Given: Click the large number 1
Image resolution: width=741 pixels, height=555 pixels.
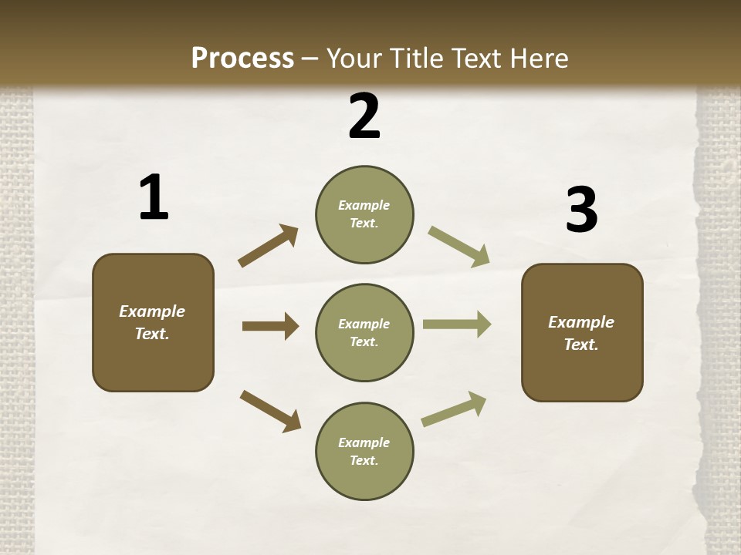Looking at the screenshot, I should pos(154,197).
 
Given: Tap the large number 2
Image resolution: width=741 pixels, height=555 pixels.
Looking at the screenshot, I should pos(364,116).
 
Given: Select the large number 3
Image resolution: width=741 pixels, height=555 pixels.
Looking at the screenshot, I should pos(581,210).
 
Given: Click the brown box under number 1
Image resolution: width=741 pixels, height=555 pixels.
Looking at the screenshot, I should pos(153,322).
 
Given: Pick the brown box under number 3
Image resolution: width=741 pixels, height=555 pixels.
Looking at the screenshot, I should pos(582,332).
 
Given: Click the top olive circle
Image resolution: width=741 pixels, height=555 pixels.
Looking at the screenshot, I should pos(364,214).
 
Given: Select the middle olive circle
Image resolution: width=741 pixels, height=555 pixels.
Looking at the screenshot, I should pos(364,332).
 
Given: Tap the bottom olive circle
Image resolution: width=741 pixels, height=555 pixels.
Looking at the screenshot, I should pos(364,451).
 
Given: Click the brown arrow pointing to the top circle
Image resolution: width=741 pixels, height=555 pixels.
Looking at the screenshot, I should pos(268,246).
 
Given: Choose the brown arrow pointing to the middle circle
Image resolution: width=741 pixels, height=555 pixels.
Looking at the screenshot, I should pos(270,326).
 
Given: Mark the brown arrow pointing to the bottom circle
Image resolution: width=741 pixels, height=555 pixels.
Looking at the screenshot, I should pos(270,410).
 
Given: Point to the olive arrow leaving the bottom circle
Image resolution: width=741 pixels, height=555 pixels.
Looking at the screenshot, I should pos(454,409).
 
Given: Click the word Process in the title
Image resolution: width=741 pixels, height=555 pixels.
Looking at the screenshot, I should pos(242,58).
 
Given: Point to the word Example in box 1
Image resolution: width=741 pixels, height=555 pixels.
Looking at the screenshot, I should pos(152,311).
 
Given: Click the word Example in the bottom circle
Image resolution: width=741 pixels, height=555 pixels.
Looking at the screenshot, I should pos(364,442).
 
